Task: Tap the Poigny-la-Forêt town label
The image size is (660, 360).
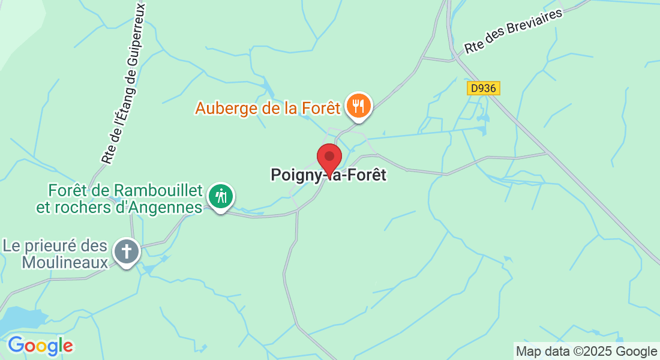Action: pyautogui.click(x=329, y=175)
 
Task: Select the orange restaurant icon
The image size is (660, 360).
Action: pyautogui.click(x=359, y=106)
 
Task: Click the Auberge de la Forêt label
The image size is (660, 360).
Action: pyautogui.click(x=268, y=109)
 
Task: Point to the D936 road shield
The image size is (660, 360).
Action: pyautogui.click(x=483, y=88)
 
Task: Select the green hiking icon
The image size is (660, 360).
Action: pyautogui.click(x=221, y=196)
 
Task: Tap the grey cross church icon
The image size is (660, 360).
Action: pyautogui.click(x=127, y=251)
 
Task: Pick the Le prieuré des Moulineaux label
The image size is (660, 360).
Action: pyautogui.click(x=55, y=254)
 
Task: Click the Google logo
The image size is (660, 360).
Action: pyautogui.click(x=40, y=346)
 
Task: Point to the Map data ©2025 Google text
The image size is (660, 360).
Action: pyautogui.click(x=587, y=352)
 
